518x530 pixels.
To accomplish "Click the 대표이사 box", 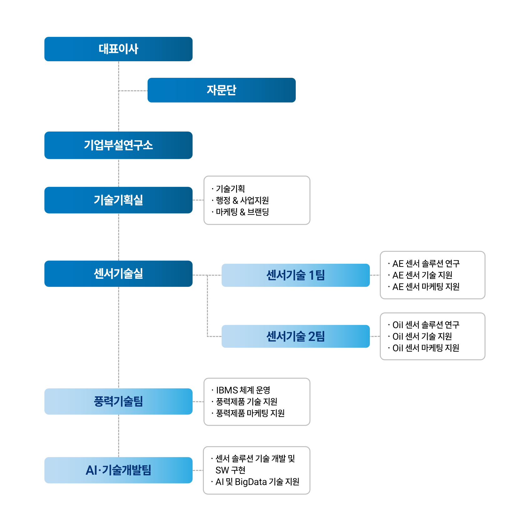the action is pos(118,49).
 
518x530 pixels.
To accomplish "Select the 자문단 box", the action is pos(221,90).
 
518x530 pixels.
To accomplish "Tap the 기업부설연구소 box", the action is pos(118,145).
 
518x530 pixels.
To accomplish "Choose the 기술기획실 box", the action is pos(118,200).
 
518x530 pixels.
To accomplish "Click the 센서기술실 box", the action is pos(118,274).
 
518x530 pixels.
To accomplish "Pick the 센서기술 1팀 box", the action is pos(295,275).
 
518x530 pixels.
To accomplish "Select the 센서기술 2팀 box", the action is pos(295,336).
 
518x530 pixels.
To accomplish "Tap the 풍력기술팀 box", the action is pos(118,402).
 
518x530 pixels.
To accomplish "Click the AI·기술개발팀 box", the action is pos(118,470).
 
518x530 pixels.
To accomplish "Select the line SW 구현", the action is pos(230,470).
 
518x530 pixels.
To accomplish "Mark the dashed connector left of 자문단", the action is pos(133,91).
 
